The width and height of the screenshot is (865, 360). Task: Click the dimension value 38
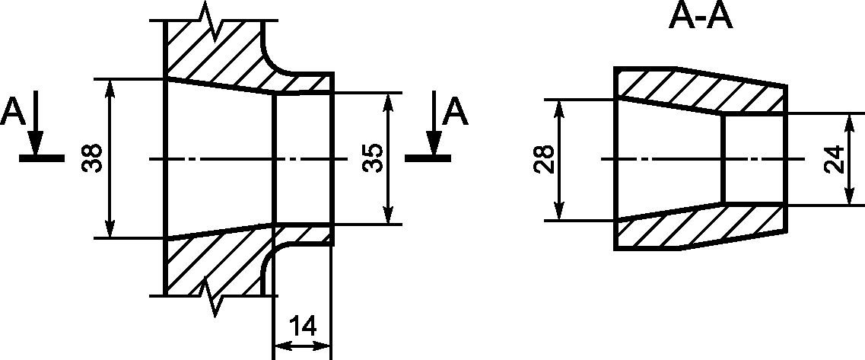point(94,158)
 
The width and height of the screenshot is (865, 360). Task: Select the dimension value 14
point(302,326)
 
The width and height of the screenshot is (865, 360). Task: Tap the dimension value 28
point(545,160)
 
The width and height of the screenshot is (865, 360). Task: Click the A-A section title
point(701,17)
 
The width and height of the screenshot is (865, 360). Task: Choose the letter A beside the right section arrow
point(456,112)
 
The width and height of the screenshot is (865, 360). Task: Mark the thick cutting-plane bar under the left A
point(42,158)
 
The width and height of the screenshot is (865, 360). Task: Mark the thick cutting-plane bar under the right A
point(428,158)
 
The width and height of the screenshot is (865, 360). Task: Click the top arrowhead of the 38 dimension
point(110,91)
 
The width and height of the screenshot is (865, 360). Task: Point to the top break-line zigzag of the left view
point(213,21)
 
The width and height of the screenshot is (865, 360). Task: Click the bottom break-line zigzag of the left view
point(213,297)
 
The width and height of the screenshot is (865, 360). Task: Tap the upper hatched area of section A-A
point(701,91)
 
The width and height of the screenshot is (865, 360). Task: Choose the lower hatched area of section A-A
point(701,227)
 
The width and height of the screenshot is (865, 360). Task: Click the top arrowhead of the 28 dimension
point(560,111)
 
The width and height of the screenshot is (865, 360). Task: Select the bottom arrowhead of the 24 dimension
point(850,194)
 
